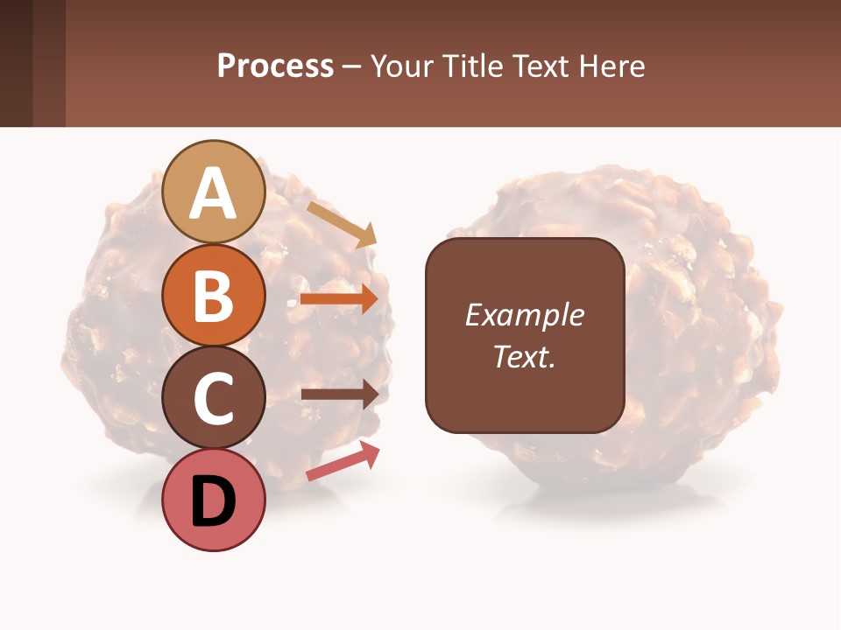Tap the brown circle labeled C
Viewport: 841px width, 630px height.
pyautogui.click(x=214, y=397)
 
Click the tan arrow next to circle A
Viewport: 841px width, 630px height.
pyautogui.click(x=342, y=224)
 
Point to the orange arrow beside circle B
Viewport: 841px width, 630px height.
pyautogui.click(x=339, y=299)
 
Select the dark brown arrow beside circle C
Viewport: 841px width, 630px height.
pyautogui.click(x=340, y=394)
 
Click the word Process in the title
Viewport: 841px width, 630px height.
pyautogui.click(x=275, y=66)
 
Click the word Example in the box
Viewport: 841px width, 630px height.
pyautogui.click(x=524, y=315)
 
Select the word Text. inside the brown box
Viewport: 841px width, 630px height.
pyautogui.click(x=524, y=356)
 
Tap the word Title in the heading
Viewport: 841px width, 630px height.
pyautogui.click(x=470, y=66)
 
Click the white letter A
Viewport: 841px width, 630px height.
pyautogui.click(x=214, y=194)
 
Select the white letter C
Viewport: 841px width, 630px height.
pyautogui.click(x=214, y=399)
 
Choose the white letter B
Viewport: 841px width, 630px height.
pyautogui.click(x=214, y=297)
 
